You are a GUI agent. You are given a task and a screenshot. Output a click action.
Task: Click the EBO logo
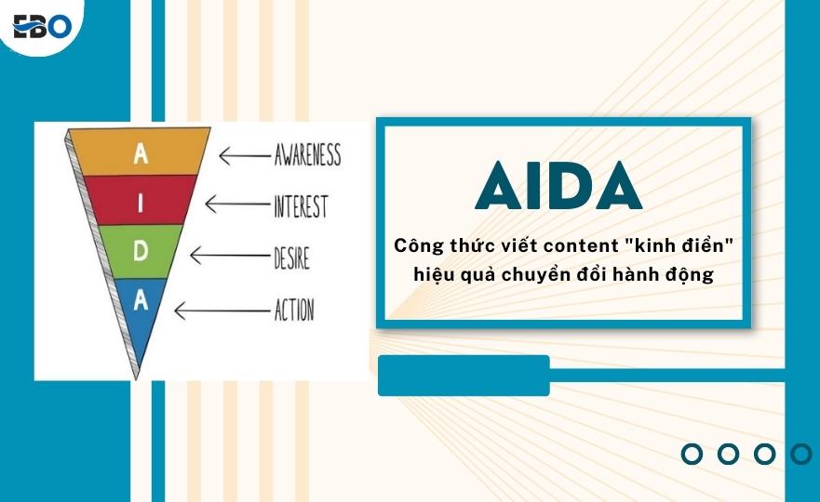42,26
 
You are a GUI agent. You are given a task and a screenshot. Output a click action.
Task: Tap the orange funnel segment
141,152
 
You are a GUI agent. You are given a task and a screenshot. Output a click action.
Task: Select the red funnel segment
141,201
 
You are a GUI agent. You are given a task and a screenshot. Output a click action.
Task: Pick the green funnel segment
141,252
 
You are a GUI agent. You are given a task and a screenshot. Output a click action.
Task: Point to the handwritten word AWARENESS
307,154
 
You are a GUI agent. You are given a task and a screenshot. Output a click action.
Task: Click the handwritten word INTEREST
301,206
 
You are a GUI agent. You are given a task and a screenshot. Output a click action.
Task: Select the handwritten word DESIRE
292,258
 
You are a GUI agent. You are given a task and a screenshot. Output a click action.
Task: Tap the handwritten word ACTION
294,310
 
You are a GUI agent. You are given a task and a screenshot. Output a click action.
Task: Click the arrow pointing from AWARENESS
244,155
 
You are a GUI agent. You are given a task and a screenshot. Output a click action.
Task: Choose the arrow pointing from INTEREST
237,204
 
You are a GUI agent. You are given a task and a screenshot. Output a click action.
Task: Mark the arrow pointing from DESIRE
230,256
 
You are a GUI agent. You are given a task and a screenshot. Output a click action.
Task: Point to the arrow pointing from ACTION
222,310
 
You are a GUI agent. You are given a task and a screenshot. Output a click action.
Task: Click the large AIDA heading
559,185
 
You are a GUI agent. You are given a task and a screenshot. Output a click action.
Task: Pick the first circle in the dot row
692,454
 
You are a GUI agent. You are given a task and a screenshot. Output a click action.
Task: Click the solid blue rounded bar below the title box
464,375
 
